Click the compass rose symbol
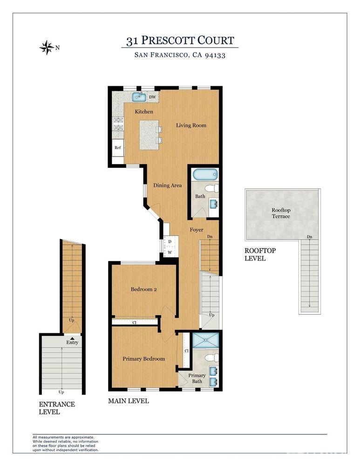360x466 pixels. [47, 47]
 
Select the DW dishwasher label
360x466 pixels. [152, 97]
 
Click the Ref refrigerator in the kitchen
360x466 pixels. [118, 148]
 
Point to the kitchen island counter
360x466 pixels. [149, 134]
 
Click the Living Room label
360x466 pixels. [191, 125]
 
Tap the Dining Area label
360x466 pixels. [167, 185]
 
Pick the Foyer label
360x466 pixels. [196, 230]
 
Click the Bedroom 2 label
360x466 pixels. [143, 289]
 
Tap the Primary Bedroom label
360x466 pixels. [143, 359]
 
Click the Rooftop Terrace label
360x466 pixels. [281, 213]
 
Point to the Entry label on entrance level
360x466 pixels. [72, 343]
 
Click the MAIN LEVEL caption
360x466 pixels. [129, 401]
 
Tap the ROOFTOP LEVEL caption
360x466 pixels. [260, 254]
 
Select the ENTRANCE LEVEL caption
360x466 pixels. [57, 408]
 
